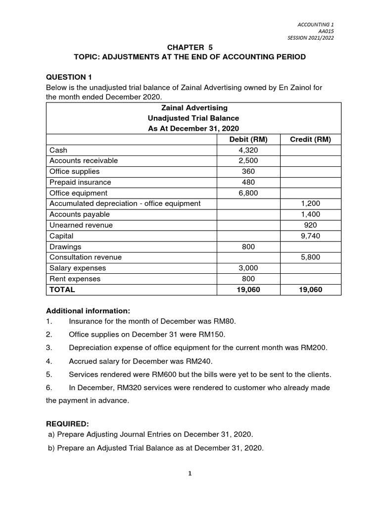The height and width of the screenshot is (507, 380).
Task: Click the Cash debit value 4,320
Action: (248, 150)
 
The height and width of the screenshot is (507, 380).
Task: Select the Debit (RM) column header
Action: (248, 139)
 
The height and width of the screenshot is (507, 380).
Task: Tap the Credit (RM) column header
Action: (310, 139)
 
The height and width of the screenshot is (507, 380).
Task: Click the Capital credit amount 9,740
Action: (310, 236)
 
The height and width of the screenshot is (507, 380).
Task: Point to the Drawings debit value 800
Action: (248, 247)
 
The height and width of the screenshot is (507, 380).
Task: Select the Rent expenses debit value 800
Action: (248, 279)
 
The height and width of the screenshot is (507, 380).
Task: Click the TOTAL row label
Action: (62, 290)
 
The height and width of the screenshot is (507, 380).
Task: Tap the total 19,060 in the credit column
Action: (310, 290)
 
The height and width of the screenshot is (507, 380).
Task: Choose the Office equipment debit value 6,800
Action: (248, 193)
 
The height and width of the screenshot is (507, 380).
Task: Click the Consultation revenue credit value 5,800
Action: (310, 257)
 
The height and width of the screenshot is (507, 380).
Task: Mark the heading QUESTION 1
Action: (69, 77)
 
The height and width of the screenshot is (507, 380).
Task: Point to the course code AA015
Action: (326, 31)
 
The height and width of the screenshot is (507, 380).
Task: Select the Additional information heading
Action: (88, 311)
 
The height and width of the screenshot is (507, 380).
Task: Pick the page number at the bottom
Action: (190, 473)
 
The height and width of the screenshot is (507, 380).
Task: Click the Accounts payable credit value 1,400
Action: (310, 214)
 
